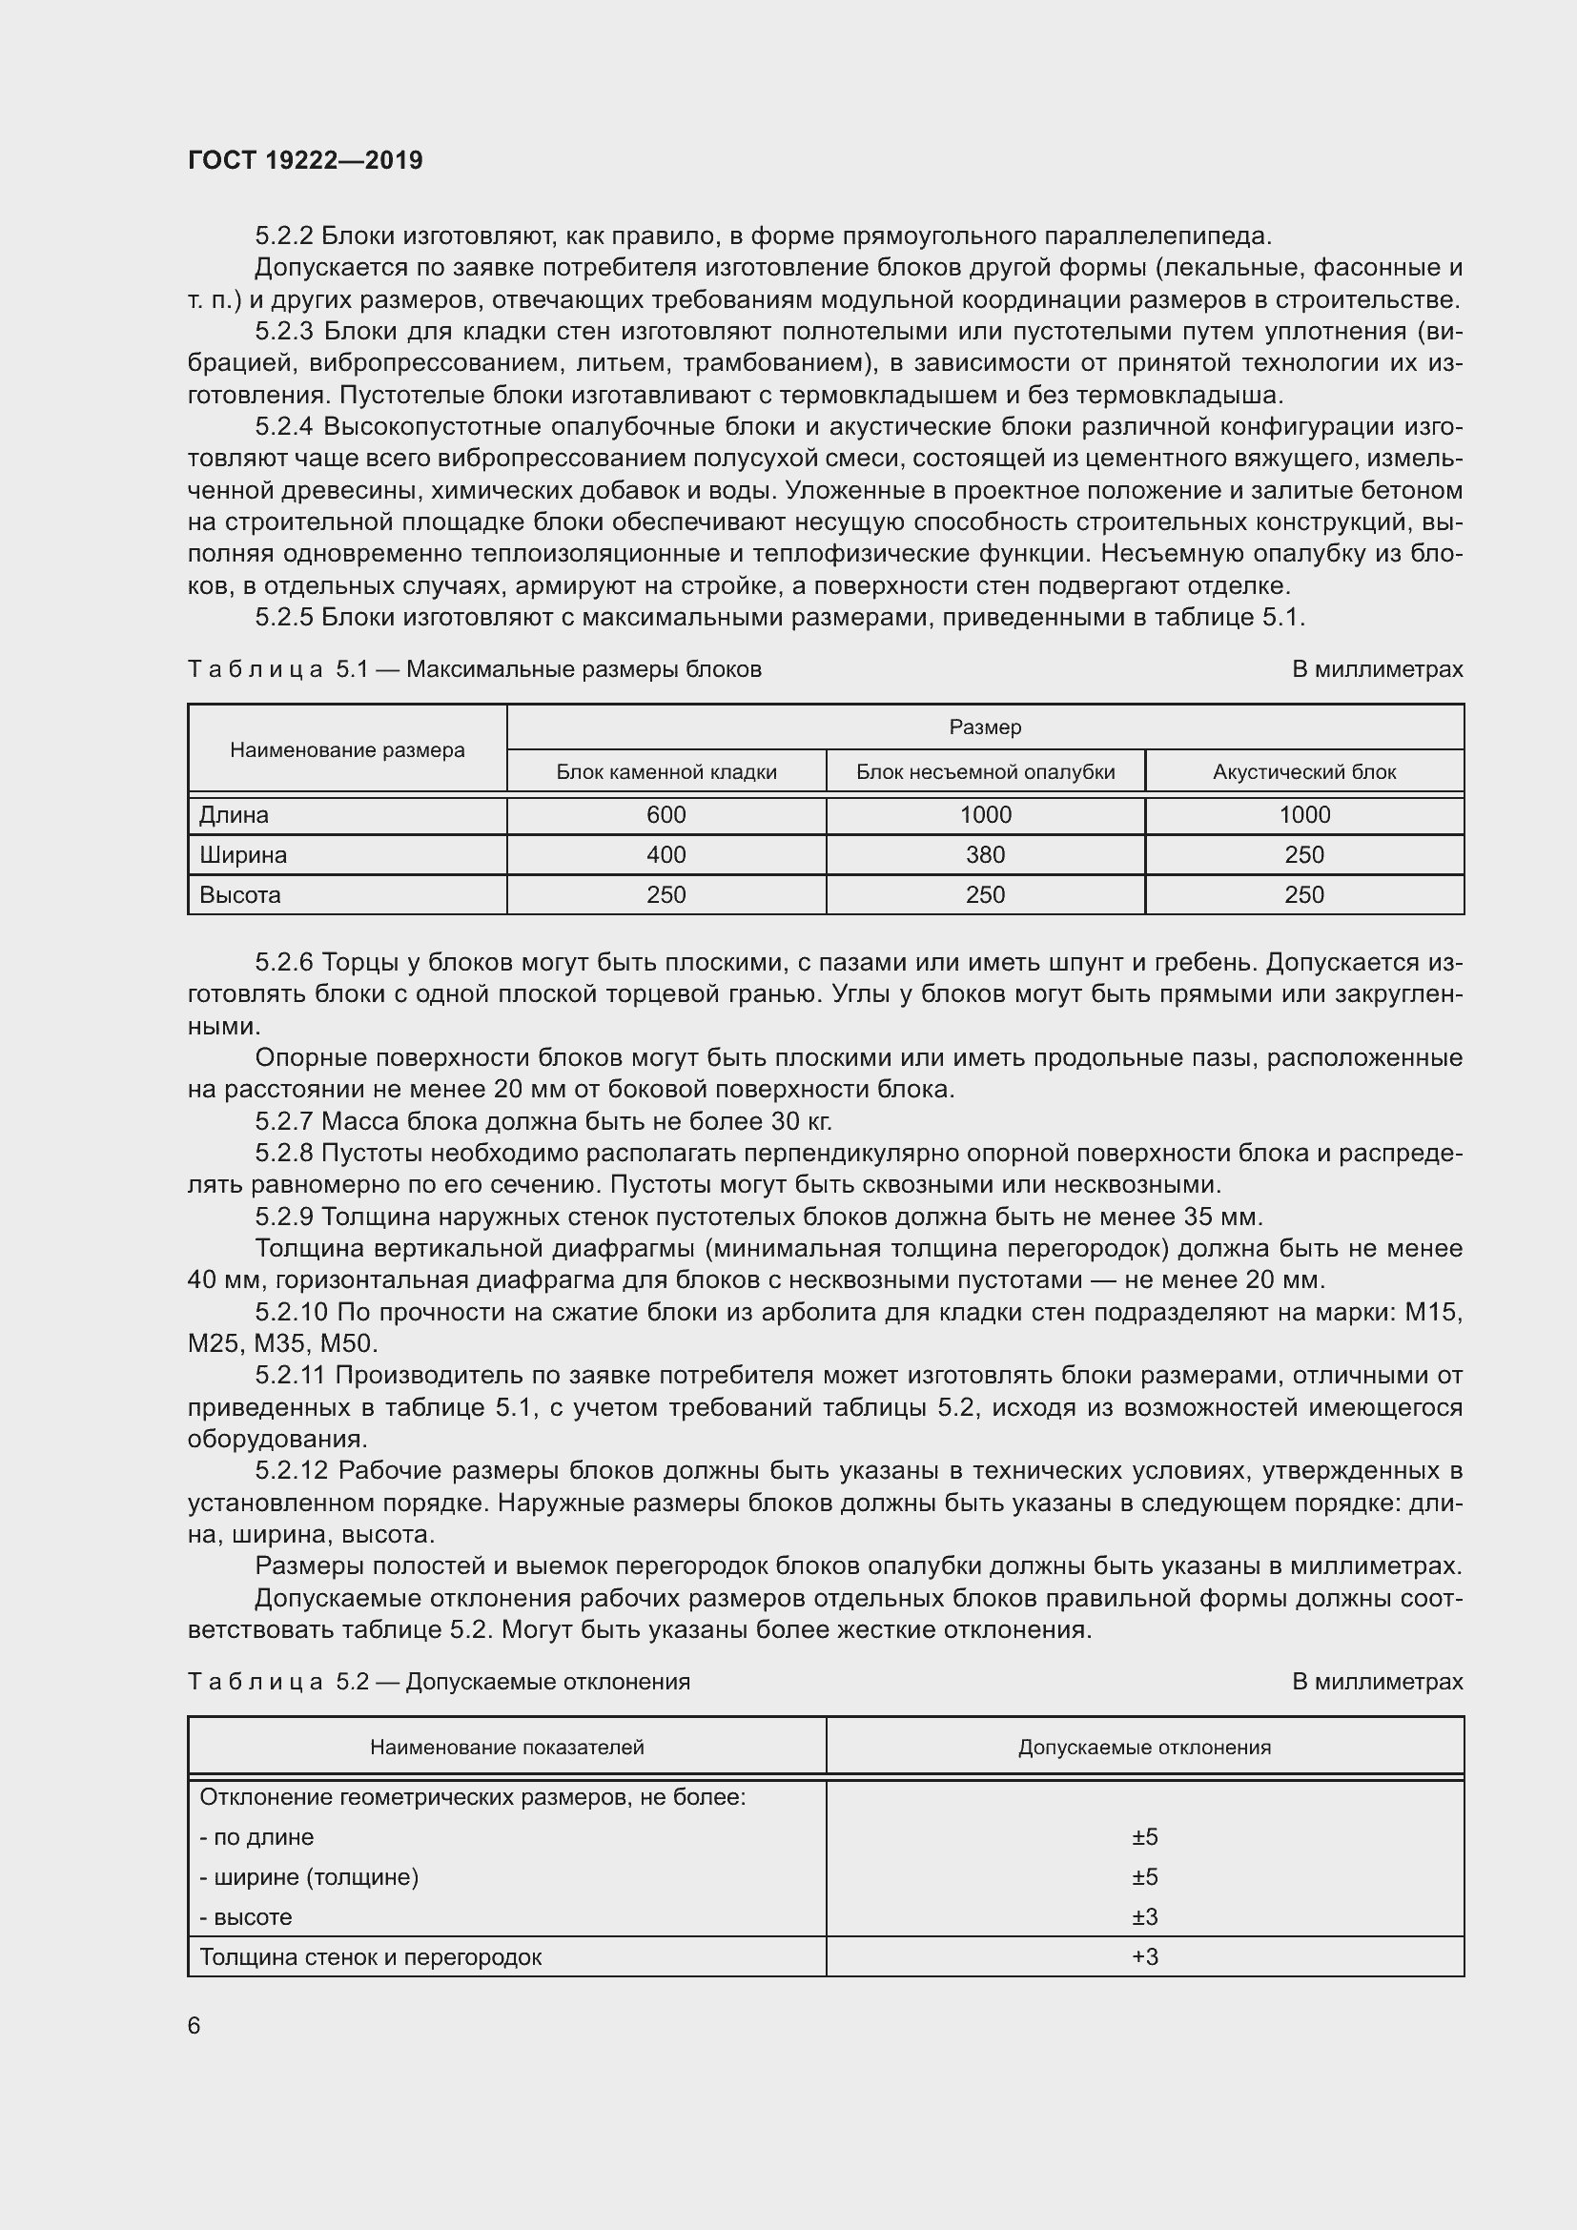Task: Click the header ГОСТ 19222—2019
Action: tap(305, 161)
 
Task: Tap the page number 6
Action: tap(195, 2025)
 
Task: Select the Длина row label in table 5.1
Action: tap(234, 815)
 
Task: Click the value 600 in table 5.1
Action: tap(666, 815)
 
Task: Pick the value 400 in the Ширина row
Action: tap(666, 854)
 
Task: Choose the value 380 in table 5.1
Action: tap(985, 854)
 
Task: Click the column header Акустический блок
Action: tap(1303, 772)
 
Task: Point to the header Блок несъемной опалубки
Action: tap(985, 772)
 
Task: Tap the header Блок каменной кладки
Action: tap(666, 772)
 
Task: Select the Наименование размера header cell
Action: tap(347, 749)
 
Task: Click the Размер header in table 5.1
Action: tap(985, 727)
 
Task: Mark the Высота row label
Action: tap(240, 894)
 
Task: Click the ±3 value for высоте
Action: tap(1145, 1916)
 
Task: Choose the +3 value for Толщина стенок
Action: tap(1145, 1956)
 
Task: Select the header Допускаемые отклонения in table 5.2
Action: tap(1144, 1748)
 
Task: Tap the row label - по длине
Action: tap(257, 1836)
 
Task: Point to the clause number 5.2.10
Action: tap(292, 1312)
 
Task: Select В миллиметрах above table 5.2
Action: tap(1376, 1681)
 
